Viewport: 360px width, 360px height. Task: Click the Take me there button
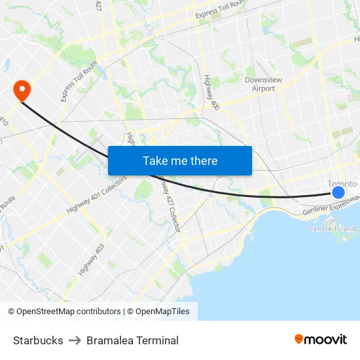point(180,160)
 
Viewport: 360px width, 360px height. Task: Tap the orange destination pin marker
point(22,90)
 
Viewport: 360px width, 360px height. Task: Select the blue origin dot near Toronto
point(338,192)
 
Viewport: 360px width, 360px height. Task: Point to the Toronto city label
point(342,184)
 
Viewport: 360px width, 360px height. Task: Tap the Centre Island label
point(332,228)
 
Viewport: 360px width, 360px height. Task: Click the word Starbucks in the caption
point(38,340)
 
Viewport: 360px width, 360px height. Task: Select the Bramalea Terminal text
point(132,340)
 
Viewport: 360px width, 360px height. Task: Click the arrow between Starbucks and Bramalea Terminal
point(75,340)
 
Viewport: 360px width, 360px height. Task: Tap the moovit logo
point(320,339)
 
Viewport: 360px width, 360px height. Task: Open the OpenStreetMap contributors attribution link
point(64,312)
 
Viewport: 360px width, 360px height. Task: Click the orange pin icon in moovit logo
point(298,339)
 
